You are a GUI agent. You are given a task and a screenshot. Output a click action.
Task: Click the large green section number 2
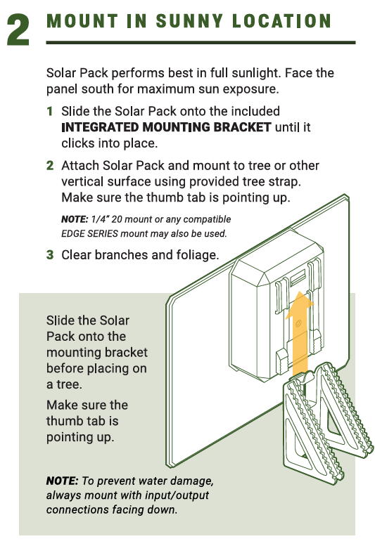(x=18, y=30)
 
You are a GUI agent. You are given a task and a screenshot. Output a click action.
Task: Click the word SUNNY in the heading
(x=189, y=21)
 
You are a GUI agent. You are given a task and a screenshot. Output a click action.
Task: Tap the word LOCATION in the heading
(x=281, y=21)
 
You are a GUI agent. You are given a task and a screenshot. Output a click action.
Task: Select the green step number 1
(x=50, y=112)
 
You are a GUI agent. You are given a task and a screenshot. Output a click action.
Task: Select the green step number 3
(x=50, y=255)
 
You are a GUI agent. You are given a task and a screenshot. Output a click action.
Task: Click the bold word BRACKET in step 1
(x=242, y=127)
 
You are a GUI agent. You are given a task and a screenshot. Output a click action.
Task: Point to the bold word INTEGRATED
(x=100, y=127)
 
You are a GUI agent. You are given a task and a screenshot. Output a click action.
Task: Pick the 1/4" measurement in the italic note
(x=99, y=219)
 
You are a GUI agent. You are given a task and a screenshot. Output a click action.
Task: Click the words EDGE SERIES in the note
(x=89, y=234)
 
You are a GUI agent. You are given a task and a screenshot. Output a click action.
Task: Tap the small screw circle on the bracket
(x=298, y=324)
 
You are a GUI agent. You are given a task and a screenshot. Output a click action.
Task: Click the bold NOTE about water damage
(x=63, y=481)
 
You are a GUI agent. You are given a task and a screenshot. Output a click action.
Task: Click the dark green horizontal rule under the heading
(x=201, y=42)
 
